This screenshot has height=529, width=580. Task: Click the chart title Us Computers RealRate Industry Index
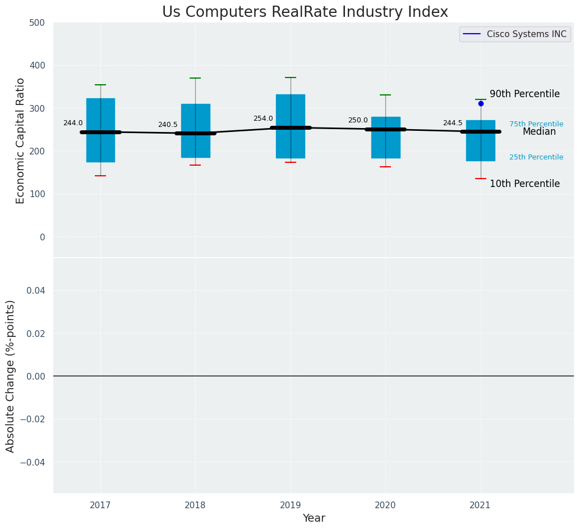pos(305,12)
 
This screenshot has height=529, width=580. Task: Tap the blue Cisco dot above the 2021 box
pos(481,103)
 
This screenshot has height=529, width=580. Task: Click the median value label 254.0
pos(263,119)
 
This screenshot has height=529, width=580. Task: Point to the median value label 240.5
pos(168,125)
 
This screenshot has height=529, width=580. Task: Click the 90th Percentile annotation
pos(524,94)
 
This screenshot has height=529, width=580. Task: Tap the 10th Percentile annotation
pos(524,184)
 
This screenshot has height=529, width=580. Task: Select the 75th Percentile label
pos(536,124)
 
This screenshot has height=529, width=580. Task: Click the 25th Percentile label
pos(536,157)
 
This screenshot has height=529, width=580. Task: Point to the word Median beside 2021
pos(539,132)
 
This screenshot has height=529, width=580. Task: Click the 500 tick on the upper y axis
pos(38,23)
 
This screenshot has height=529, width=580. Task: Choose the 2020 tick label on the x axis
pos(385,505)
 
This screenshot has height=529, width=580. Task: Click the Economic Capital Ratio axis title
pos(21,140)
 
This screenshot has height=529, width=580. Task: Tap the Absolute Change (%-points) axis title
pos(11,376)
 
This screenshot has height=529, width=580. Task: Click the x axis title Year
pos(314,518)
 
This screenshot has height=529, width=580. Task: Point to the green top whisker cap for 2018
pos(195,78)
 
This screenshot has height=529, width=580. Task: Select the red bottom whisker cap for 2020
pos(385,167)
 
